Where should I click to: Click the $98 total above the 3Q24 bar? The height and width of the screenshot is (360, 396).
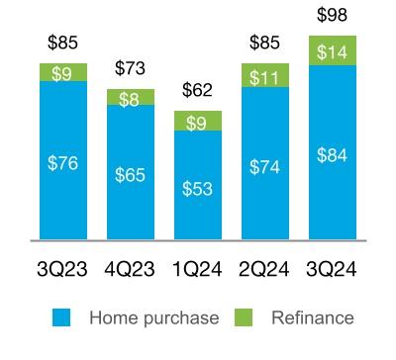(x=333, y=16)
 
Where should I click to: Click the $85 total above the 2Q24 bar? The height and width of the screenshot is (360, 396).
(x=265, y=44)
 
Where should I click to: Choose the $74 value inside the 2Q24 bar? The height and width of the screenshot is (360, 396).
(x=265, y=166)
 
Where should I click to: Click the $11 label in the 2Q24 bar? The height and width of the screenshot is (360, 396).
(x=265, y=75)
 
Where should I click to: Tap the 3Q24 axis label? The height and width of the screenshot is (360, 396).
(x=333, y=269)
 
